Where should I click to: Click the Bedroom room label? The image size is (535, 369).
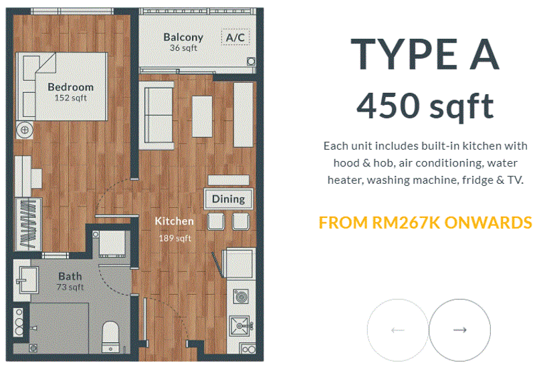click(71, 87)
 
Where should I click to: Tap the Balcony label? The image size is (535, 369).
click(183, 37)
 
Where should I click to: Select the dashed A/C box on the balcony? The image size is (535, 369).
click(235, 37)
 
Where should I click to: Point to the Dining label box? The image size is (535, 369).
click(228, 199)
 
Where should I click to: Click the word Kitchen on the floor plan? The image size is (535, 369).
click(174, 221)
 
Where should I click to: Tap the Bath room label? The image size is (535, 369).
click(70, 276)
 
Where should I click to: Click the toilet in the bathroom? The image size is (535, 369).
click(110, 336)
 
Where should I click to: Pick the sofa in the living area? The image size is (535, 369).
click(158, 114)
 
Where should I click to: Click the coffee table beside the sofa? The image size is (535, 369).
click(203, 116)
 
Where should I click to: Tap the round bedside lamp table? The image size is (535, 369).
click(25, 130)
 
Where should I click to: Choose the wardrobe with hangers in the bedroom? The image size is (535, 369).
click(28, 225)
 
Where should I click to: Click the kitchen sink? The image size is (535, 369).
click(241, 326)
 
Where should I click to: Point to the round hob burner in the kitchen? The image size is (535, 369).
click(241, 296)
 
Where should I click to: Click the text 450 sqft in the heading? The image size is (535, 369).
click(425, 106)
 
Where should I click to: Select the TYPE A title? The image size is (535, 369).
click(425, 54)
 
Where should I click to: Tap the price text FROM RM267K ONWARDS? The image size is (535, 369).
click(425, 223)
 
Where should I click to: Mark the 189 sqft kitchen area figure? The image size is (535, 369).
click(175, 238)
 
